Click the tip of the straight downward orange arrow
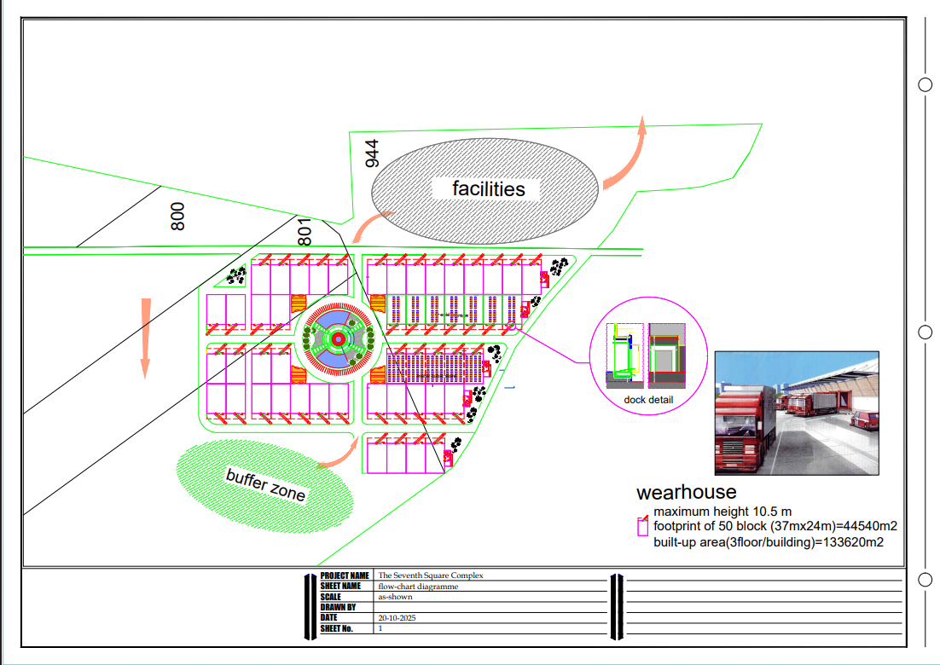tap(144, 379)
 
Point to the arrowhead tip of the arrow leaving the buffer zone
tap(358, 437)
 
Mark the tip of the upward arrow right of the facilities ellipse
tap(642, 116)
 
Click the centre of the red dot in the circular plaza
tap(338, 339)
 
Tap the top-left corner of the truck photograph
tap(715, 351)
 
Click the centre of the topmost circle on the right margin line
tap(925, 84)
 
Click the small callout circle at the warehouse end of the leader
tap(511, 327)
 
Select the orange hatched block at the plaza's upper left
tap(299, 304)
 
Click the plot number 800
tap(177, 217)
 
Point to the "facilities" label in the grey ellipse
tap(489, 188)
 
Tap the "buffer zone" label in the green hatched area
tap(265, 484)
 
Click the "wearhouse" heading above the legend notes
tap(687, 492)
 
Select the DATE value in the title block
tap(397, 617)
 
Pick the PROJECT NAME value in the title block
tap(431, 575)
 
